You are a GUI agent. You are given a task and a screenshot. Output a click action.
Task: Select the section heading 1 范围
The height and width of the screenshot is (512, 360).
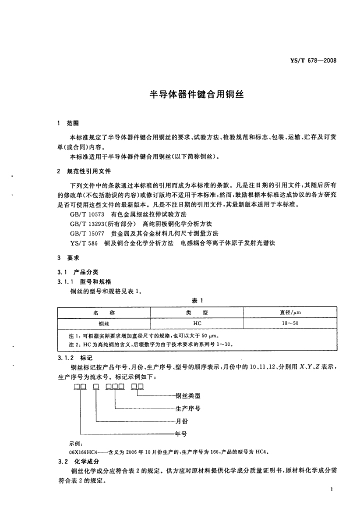(x=68, y=123)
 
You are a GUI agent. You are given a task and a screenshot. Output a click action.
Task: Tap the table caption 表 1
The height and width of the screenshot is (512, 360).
(x=196, y=300)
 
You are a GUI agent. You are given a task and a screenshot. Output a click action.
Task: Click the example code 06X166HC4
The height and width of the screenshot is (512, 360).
(x=84, y=451)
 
